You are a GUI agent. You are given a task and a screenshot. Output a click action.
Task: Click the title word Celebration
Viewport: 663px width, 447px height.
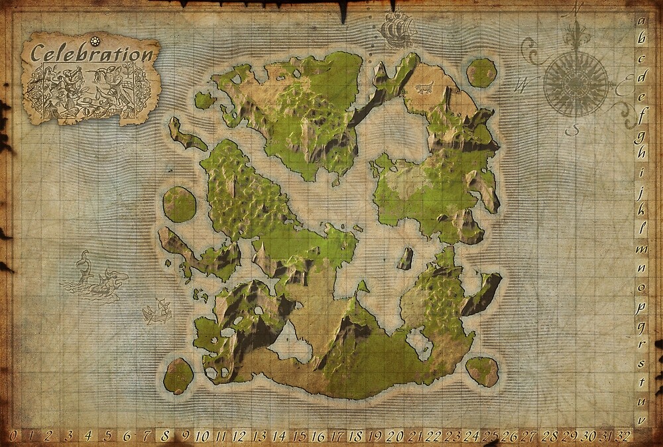point(92,53)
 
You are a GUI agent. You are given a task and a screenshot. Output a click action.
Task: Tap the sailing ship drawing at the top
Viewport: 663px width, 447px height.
point(397,30)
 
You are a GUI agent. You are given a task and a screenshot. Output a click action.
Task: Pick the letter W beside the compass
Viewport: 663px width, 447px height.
point(523,84)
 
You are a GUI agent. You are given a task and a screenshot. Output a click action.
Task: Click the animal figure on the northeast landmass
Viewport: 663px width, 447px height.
point(422,87)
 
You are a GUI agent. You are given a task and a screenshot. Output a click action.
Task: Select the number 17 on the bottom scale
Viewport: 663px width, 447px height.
point(337,436)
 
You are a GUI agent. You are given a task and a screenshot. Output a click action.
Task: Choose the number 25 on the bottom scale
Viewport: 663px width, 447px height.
point(490,436)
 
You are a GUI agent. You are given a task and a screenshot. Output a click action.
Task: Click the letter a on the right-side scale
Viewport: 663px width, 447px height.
point(641,21)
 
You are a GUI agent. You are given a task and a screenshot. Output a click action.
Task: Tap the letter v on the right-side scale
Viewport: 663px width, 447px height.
point(641,420)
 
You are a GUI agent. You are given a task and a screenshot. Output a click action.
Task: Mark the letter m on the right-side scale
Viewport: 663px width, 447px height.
point(641,249)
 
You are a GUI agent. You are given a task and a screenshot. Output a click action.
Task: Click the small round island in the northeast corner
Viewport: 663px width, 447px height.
point(481,72)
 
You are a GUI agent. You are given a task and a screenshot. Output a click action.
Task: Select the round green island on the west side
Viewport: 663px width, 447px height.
point(179,204)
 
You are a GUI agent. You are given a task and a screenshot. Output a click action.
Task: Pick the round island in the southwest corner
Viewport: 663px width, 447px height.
point(178,375)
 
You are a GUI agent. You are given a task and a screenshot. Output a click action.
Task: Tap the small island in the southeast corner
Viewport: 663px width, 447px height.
point(482,371)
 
